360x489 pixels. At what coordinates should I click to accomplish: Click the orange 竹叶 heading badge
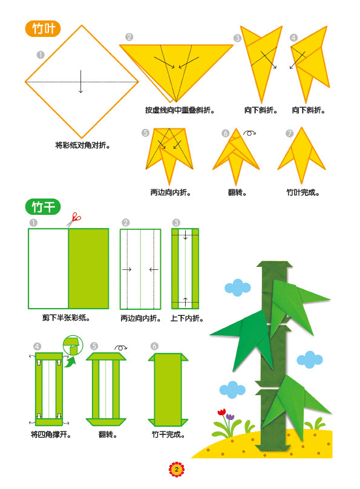pos(43,28)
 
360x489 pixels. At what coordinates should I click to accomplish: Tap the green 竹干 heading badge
pos(43,206)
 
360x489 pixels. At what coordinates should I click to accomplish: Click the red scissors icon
pos(74,220)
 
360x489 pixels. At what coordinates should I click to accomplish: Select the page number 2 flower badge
pos(177,470)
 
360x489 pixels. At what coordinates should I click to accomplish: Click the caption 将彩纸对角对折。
pos(83,145)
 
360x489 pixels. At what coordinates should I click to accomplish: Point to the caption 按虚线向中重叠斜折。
pos(180,110)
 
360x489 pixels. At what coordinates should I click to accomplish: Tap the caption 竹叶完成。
pos(303,192)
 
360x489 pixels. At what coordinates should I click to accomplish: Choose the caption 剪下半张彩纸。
pos(66,318)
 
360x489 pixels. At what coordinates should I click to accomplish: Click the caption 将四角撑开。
pos(51,435)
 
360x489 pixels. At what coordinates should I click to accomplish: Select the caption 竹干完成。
pos(168,435)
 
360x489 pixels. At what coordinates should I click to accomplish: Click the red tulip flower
pos(221,412)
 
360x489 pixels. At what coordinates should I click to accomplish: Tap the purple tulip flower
pos(230,416)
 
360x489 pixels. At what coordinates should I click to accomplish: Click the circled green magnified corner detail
pos(73,345)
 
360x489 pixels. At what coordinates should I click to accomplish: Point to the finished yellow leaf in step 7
pos(301,156)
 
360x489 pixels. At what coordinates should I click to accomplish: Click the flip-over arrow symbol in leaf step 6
pos(249,133)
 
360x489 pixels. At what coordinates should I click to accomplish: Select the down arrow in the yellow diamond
pos(80,81)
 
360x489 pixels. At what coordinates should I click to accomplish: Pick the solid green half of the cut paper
pos(88,269)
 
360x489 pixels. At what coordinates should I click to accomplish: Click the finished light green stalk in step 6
pos(168,390)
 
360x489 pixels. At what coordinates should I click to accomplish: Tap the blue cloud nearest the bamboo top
pos(238,287)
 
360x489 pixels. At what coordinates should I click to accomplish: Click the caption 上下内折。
pos(187,318)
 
